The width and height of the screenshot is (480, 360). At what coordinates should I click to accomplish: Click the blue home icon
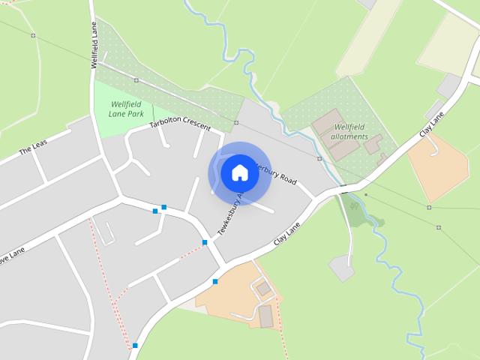[239, 172]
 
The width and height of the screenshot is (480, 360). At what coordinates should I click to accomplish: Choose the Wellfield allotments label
[350, 132]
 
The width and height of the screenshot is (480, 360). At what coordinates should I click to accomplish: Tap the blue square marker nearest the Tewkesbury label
[205, 242]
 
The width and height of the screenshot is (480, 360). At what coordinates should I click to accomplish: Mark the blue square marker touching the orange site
[215, 282]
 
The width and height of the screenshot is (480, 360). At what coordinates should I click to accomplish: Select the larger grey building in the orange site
[266, 316]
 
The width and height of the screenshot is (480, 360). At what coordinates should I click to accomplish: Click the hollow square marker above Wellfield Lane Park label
[136, 79]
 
